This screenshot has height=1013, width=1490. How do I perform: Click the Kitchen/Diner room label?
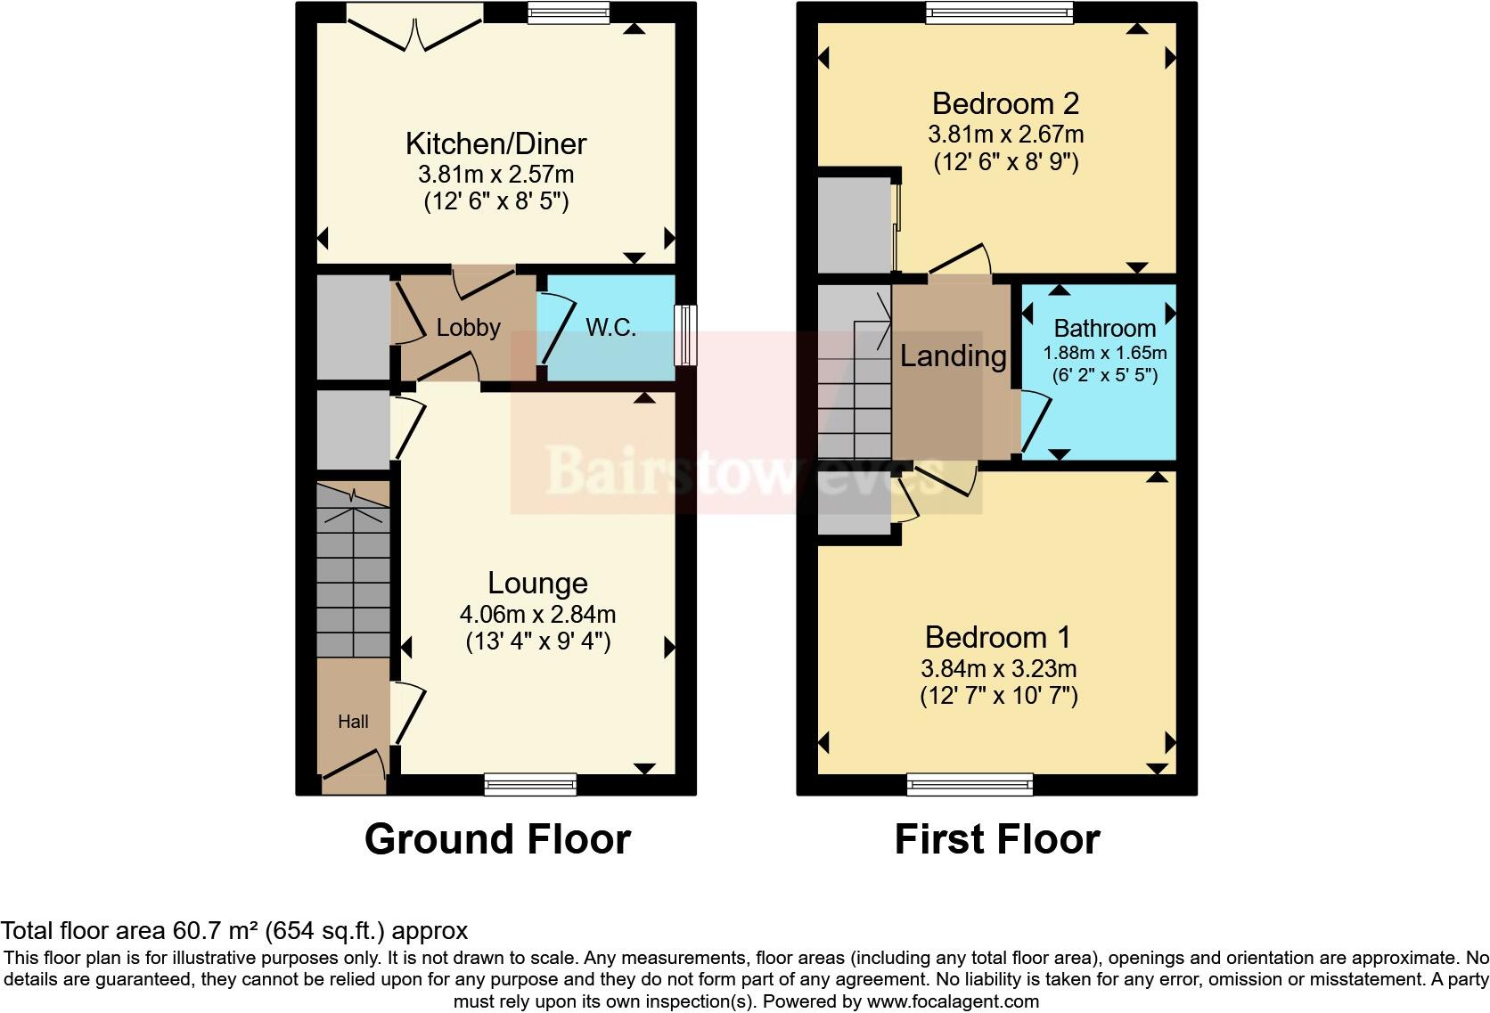(x=495, y=143)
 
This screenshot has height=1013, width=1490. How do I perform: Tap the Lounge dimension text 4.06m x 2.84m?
(x=537, y=615)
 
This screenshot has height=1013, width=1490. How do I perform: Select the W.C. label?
(x=610, y=328)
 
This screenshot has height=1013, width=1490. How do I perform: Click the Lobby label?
(x=468, y=328)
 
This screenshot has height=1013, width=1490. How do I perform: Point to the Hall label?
(x=353, y=722)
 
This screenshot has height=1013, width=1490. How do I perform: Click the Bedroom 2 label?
(x=1005, y=103)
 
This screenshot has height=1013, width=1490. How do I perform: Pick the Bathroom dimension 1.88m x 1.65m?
(x=1105, y=353)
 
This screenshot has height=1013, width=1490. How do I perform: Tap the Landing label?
(x=953, y=356)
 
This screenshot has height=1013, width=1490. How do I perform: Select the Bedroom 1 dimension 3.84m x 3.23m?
(x=998, y=669)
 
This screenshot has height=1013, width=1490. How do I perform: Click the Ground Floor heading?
(x=497, y=839)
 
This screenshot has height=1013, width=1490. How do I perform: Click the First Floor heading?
(x=996, y=839)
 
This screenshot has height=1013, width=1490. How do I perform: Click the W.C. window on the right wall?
(x=685, y=335)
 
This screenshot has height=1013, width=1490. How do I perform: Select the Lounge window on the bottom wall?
(x=531, y=785)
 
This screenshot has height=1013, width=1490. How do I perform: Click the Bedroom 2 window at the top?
(x=999, y=12)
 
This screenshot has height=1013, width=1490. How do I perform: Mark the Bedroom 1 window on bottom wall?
(x=970, y=785)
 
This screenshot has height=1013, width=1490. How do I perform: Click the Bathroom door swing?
(x=1036, y=422)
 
